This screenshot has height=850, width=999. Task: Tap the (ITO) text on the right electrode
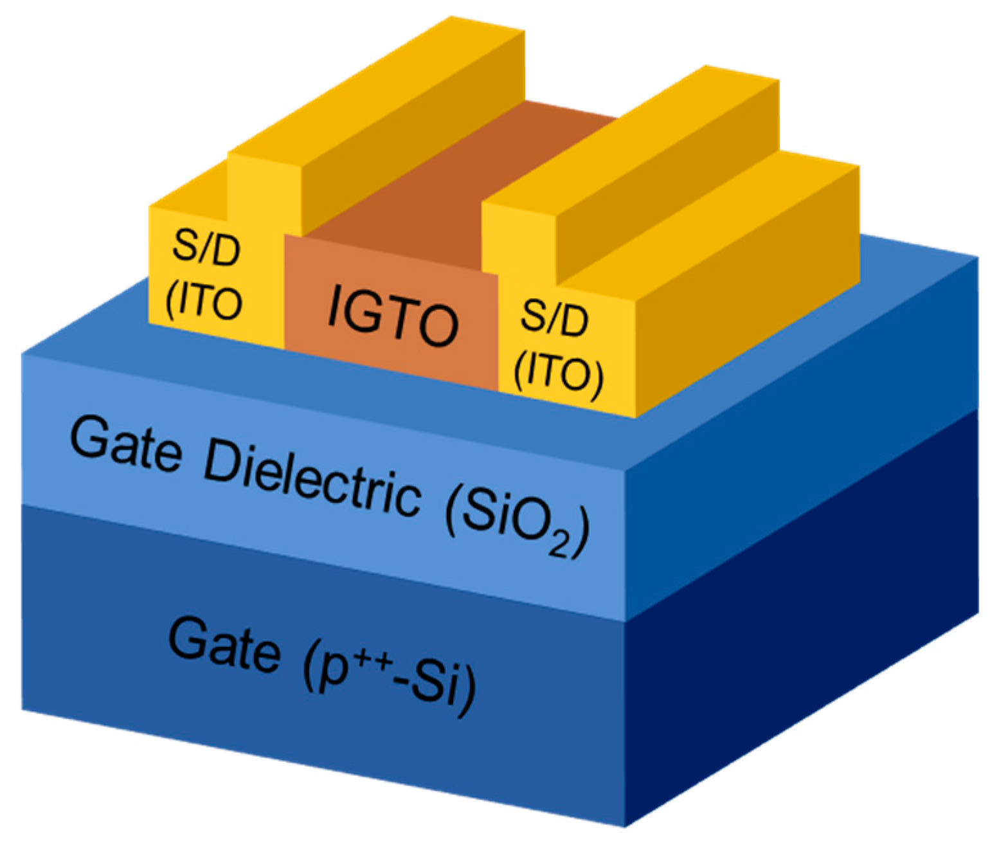click(559, 373)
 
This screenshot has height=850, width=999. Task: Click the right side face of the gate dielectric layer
click(804, 450)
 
